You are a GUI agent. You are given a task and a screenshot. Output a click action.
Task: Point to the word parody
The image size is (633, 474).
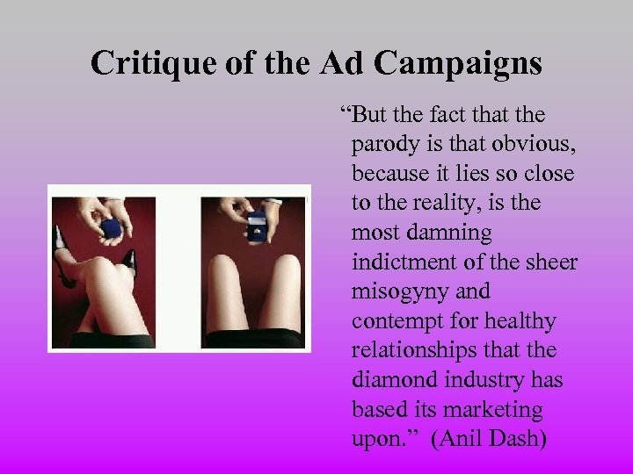[x=383, y=144]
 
